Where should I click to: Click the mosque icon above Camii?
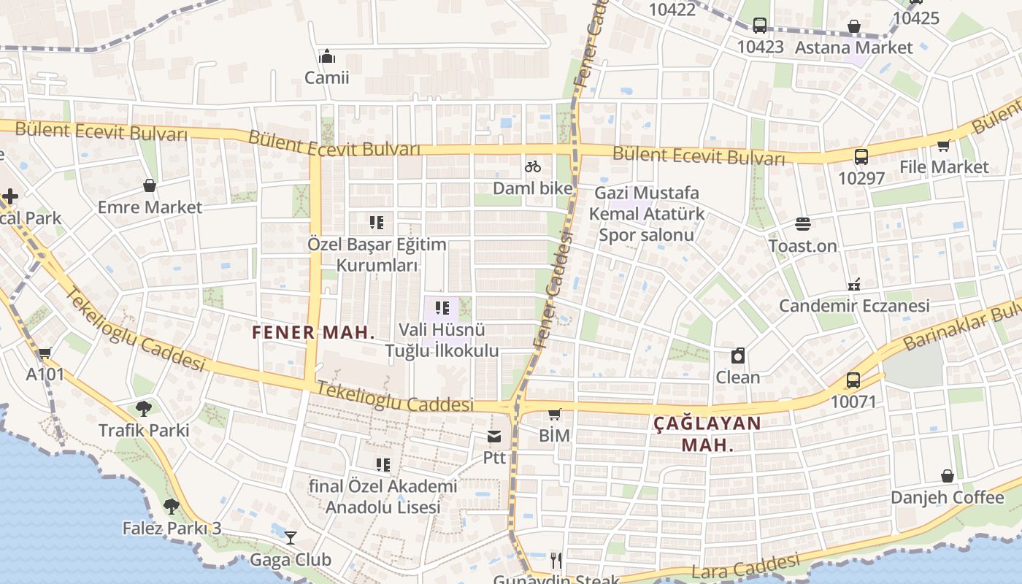pos(327,56)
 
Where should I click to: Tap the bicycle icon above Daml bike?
pos(533,166)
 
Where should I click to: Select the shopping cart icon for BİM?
pos(554,414)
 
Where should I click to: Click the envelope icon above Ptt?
pos(494,437)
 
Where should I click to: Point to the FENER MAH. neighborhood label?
pos(313,333)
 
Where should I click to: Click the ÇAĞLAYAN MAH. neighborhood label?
pos(707,434)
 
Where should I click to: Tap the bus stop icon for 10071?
pos(853,380)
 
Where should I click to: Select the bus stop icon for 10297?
pos(861,156)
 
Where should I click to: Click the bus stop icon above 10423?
pos(760,26)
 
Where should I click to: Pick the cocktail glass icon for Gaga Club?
pos(291,538)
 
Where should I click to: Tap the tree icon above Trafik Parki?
pos(143,409)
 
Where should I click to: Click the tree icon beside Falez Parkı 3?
pos(171,506)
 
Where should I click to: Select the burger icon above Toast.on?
pos(802,224)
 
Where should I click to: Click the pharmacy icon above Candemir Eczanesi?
pos(854,284)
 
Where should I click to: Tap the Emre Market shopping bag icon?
pos(150,185)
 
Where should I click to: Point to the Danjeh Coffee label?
pos(947,497)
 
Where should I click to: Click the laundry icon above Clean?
pos(738,356)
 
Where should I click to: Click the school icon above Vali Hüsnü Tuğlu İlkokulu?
pos(442,308)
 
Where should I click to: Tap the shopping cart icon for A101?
pos(45,353)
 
